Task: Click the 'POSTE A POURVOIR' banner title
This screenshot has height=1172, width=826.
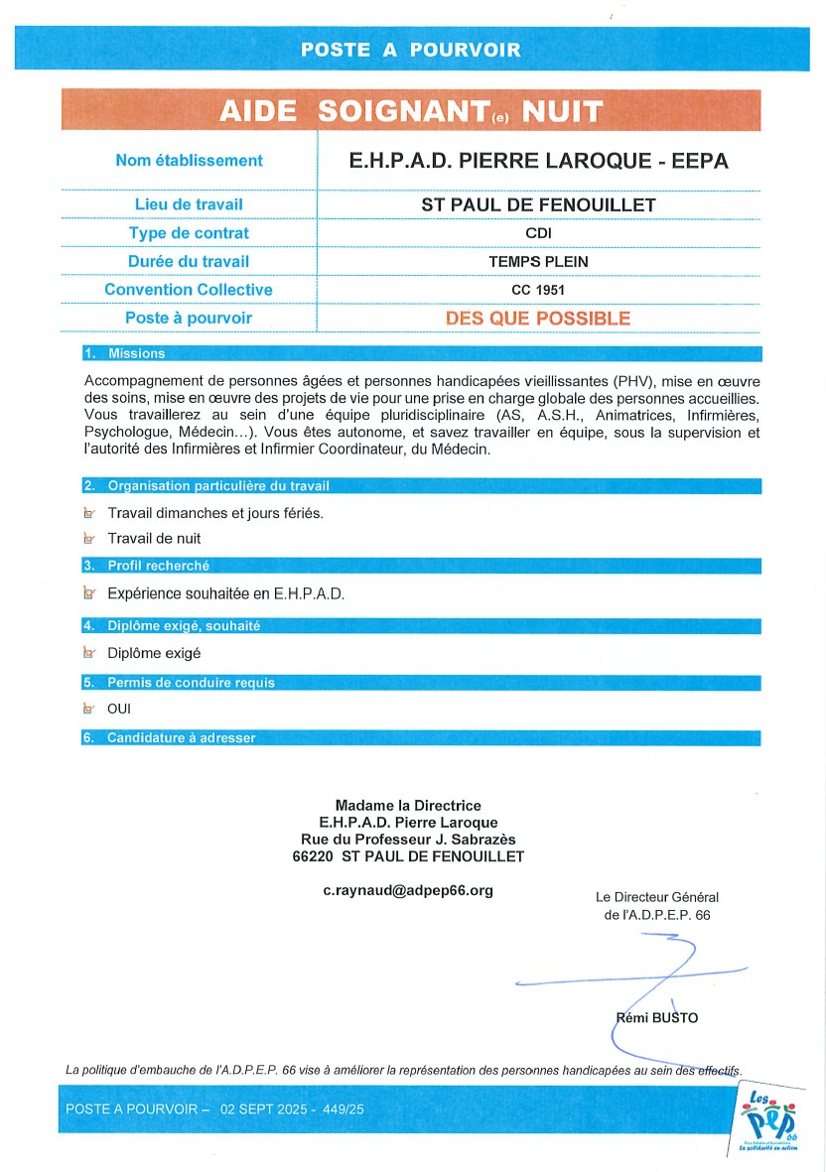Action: (410, 50)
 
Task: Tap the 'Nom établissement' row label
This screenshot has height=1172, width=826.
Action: (189, 160)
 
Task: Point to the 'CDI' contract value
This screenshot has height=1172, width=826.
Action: (538, 233)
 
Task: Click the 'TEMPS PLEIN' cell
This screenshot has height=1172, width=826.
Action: (538, 262)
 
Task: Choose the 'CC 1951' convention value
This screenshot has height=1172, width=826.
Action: (538, 290)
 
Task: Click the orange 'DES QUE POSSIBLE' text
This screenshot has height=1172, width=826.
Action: (538, 319)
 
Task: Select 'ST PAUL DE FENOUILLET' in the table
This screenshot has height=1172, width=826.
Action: (538, 205)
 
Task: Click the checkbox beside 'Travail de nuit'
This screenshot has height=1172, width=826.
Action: (89, 539)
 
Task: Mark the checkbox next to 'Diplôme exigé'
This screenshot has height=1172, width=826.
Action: (89, 653)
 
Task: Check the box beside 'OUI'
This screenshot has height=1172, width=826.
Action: (89, 709)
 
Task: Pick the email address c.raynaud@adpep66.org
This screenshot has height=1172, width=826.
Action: (408, 890)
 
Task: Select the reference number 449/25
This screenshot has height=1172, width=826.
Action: (343, 1108)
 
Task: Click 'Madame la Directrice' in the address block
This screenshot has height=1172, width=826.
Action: (408, 806)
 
